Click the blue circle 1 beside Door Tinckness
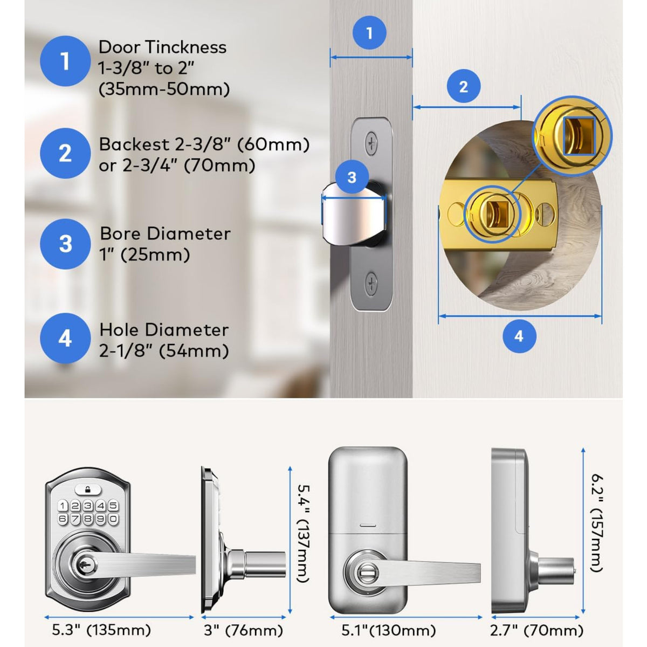65,61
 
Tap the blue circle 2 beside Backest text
65,154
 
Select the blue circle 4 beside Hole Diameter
65,339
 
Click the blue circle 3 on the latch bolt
352,177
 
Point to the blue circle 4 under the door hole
519,336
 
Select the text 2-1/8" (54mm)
164,352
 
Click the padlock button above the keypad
88,490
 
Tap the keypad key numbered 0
113,519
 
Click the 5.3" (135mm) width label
101,630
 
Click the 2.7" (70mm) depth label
537,630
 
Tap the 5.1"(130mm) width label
388,630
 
